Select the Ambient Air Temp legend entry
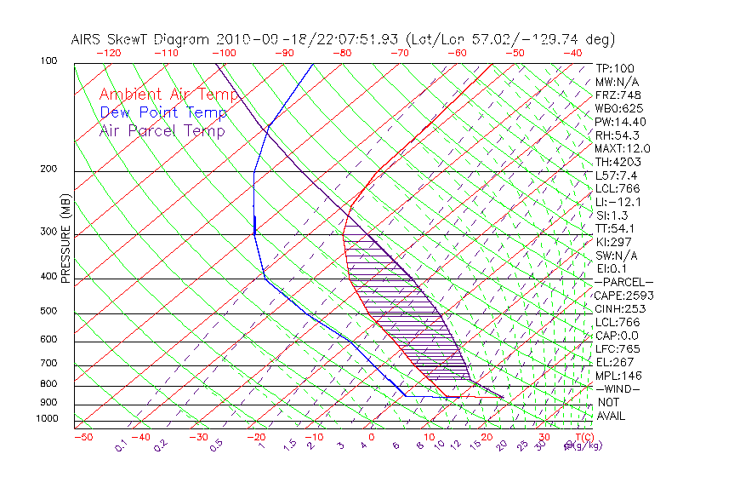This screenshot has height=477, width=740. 168,95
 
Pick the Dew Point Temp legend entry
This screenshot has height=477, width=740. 163,112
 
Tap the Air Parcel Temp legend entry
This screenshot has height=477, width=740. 162,130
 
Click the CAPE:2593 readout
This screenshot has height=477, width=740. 624,296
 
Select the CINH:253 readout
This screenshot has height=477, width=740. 621,308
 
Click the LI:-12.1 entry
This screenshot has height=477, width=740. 618,202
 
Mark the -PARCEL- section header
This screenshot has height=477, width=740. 623,282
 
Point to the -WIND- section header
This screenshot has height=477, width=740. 618,388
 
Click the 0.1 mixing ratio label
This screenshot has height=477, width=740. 122,445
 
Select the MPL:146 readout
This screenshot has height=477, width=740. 618,376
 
